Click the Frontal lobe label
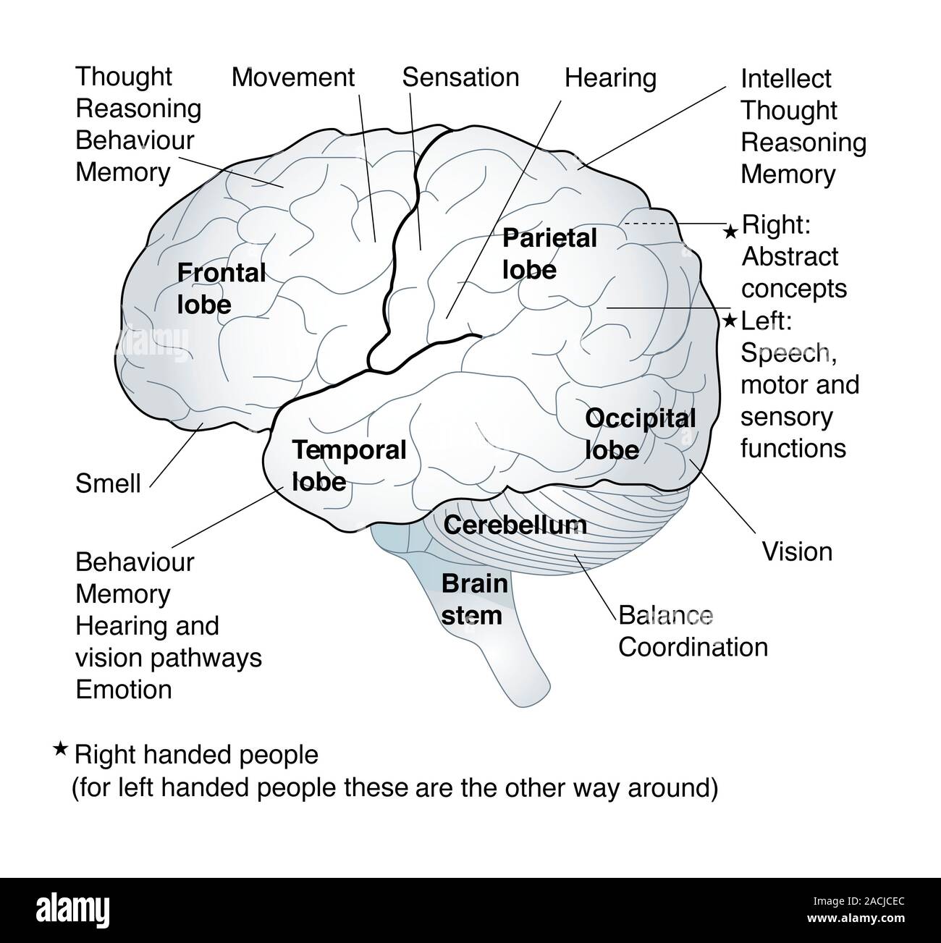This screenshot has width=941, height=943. click(x=221, y=289)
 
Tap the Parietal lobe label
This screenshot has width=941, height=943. click(x=549, y=253)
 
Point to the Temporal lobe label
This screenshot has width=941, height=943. click(x=348, y=465)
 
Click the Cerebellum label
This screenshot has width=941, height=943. click(x=515, y=525)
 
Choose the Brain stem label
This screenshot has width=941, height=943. click(x=474, y=599)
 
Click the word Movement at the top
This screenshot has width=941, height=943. click(x=293, y=77)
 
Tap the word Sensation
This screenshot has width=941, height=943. click(x=460, y=77)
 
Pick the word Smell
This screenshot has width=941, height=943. click(x=108, y=483)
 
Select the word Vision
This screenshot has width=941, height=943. click(x=797, y=552)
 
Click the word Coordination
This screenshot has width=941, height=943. click(x=693, y=647)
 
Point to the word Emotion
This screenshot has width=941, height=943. click(x=124, y=689)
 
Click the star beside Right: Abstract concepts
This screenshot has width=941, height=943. click(x=731, y=231)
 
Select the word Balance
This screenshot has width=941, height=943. click(x=665, y=615)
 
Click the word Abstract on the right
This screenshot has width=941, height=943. click(x=790, y=256)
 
